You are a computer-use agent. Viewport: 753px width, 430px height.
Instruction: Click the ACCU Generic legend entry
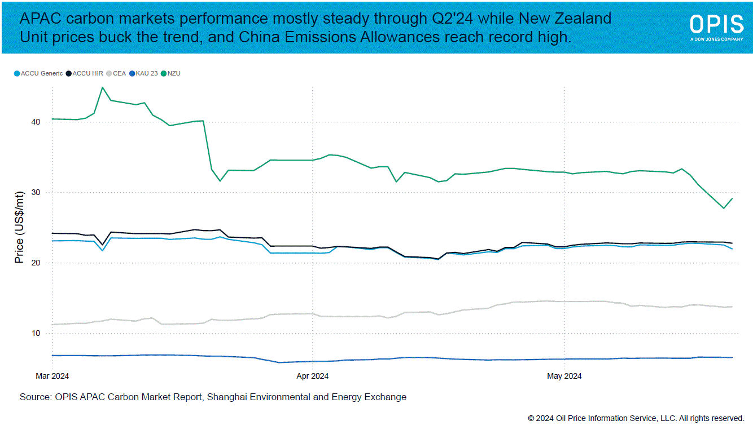tap(38, 73)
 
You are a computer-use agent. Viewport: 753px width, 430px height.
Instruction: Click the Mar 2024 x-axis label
tap(52, 375)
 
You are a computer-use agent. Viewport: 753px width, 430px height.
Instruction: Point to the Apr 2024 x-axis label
tap(312, 375)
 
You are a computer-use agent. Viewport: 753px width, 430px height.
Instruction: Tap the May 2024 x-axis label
tap(565, 375)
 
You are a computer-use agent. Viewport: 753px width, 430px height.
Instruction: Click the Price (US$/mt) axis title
tap(20, 227)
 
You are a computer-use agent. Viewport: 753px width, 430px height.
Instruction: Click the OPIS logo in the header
tap(716, 26)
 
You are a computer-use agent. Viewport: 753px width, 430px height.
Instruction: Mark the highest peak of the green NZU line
tap(102, 87)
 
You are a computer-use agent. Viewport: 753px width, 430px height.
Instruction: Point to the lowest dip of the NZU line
tap(724, 209)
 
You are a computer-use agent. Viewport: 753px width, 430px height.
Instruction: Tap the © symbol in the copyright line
tap(531, 418)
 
